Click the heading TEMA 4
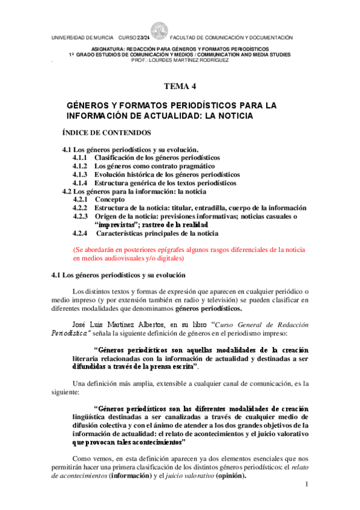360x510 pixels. (180, 87)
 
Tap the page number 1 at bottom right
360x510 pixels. (306, 484)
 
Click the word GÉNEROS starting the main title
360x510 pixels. (90, 105)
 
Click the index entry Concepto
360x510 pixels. (110, 199)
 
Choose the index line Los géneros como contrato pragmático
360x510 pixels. (155, 166)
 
